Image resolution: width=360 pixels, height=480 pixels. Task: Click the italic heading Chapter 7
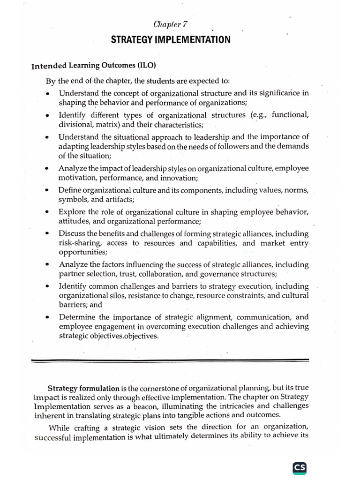pyautogui.click(x=171, y=25)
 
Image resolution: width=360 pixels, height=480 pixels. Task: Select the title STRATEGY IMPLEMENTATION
pyautogui.click(x=171, y=40)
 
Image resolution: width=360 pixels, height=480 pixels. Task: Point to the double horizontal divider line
pyautogui.click(x=170, y=360)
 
